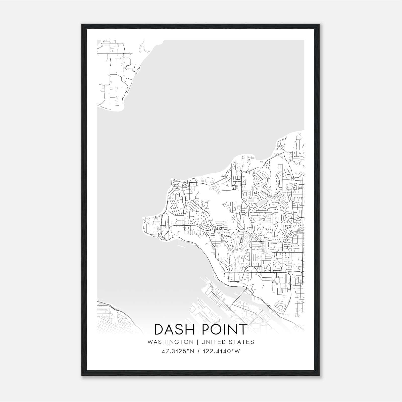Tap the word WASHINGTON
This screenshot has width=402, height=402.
[x=170, y=342]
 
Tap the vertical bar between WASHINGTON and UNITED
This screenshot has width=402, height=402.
[x=197, y=342]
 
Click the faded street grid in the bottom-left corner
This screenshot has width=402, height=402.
[x=111, y=319]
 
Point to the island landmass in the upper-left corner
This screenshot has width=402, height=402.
[x=113, y=75]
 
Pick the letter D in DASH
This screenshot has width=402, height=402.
[x=159, y=329]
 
